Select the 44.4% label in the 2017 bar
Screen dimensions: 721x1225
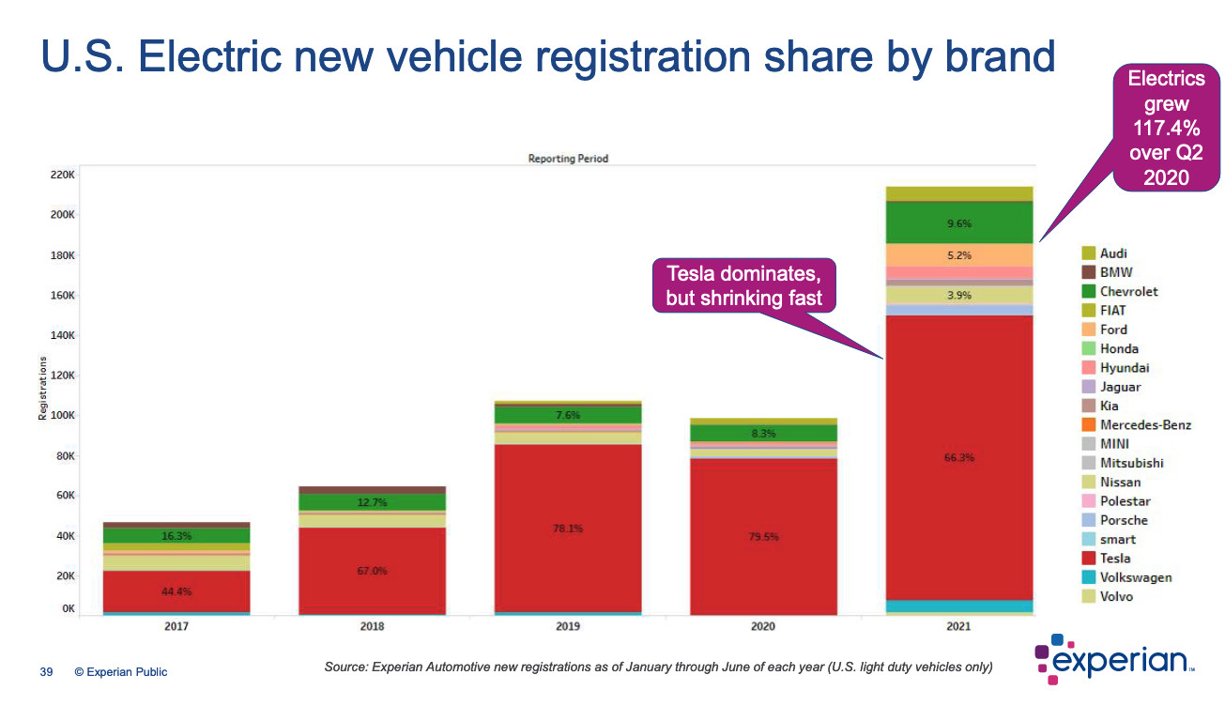pos(176,591)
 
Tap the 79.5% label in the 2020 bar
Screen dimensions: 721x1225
pos(763,537)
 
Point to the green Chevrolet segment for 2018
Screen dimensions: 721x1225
pos(373,502)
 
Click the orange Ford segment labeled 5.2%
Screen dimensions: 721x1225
pos(959,254)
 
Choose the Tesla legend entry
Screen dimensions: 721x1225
pos(1115,559)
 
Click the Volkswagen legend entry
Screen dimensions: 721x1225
pos(1136,577)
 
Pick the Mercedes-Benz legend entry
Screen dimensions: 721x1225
pos(1145,424)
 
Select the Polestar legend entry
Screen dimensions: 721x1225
pos(1125,501)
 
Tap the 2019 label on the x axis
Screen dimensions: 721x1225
pos(568,626)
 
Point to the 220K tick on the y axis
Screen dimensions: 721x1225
pos(62,175)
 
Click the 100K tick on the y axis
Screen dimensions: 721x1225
pos(62,416)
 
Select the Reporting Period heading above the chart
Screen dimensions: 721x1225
pos(568,159)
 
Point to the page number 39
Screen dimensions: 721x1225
pos(45,672)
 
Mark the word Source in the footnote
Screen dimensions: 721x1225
pos(345,667)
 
